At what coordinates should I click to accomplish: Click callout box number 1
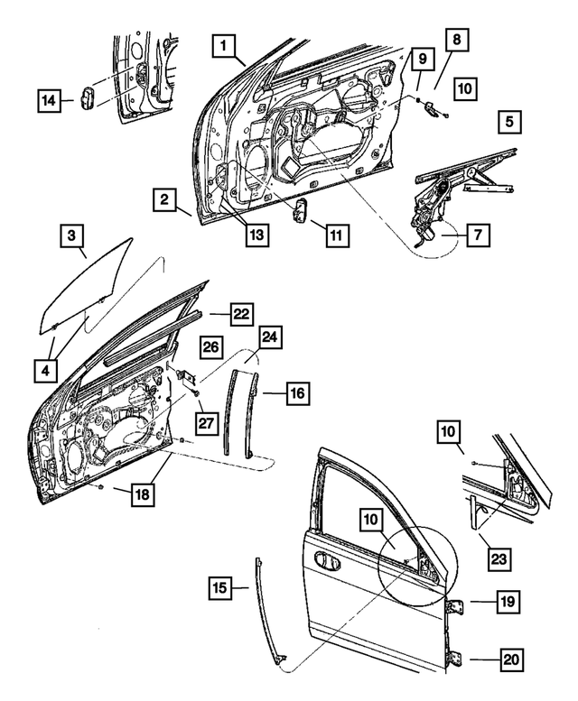(227, 44)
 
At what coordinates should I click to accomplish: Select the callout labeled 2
(163, 200)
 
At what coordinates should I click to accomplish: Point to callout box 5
(509, 120)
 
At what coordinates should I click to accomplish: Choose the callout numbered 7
(478, 235)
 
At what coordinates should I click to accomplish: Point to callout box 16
(299, 393)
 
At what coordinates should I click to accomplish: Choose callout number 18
(141, 493)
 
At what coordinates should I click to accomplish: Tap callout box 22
(239, 313)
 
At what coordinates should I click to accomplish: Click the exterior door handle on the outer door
(326, 561)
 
